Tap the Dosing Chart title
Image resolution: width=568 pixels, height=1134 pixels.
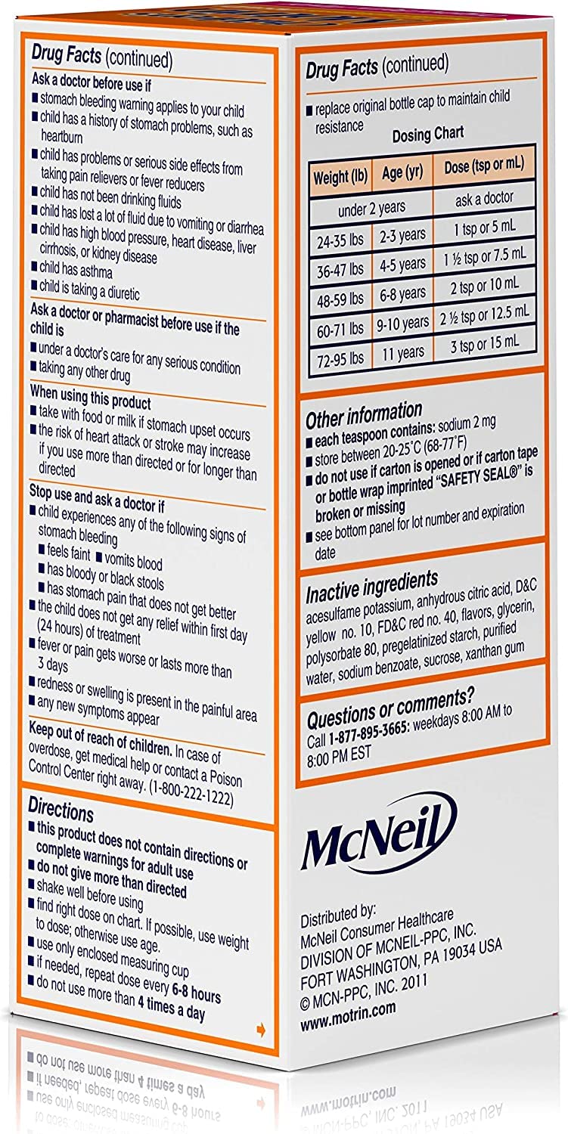[427, 135]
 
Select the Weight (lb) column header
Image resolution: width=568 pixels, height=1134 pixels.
[340, 178]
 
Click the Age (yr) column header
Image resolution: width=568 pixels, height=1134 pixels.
[402, 173]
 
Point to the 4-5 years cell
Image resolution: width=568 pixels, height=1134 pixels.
[402, 264]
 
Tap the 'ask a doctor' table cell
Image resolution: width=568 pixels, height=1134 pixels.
[484, 198]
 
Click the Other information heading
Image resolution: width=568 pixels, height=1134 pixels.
[364, 415]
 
